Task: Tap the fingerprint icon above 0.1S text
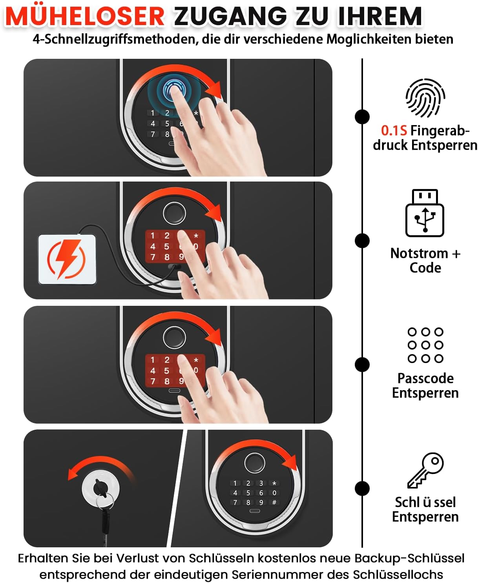[x=425, y=98]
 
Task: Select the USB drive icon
[x=425, y=213]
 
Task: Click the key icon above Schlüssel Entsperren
[x=425, y=470]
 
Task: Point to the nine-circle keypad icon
[x=425, y=345]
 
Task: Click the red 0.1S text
[x=394, y=131]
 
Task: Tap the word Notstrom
[x=419, y=253]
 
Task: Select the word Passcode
[x=425, y=378]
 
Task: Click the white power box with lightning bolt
[x=67, y=259]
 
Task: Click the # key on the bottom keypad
[x=274, y=502]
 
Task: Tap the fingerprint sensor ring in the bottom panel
[x=255, y=463]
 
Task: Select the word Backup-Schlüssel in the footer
[x=409, y=558]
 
